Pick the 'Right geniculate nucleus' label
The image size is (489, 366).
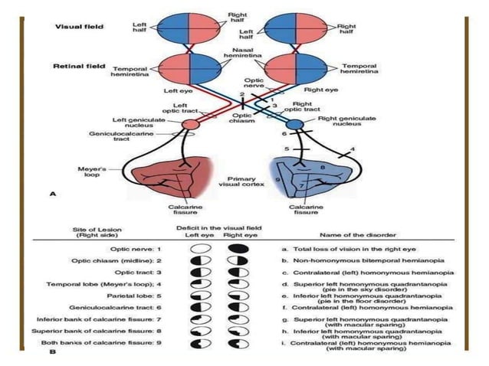point(347,120)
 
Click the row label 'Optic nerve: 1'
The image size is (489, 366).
point(143,249)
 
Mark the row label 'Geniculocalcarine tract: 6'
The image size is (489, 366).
point(126,306)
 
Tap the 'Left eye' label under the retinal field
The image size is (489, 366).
point(176,91)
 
